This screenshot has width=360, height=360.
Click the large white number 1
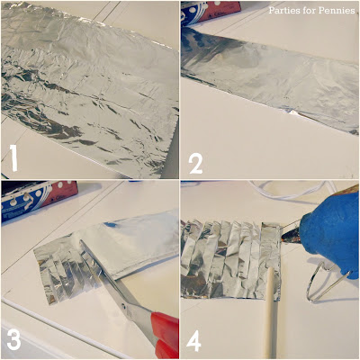[x=13, y=157]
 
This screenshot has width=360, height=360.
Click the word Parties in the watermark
[x=281, y=11]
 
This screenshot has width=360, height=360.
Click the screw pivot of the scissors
[x=123, y=306]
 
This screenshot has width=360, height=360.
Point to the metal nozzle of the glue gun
[x=291, y=236]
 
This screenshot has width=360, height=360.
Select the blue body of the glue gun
[x=331, y=231]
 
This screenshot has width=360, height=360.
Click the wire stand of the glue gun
[x=326, y=282]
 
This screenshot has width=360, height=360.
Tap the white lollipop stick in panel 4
[x=271, y=313]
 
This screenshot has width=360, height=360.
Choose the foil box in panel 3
[x=38, y=199]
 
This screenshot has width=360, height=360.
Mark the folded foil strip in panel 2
[x=270, y=79]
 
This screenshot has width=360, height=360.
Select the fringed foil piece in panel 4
[x=231, y=259]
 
